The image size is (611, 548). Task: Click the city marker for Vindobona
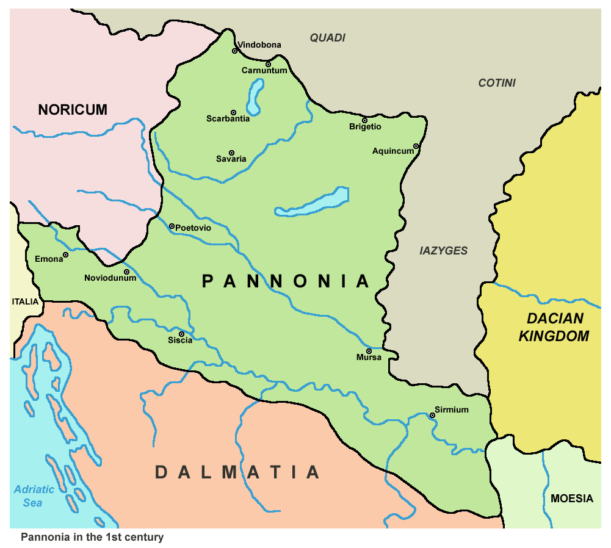pos(234,51)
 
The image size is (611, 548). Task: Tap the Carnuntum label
pos(264,71)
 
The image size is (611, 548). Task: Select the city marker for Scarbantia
pos(233,113)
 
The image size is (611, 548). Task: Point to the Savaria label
pos(231,159)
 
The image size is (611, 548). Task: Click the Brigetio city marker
pos(365,120)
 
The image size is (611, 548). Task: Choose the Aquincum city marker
pos(416,146)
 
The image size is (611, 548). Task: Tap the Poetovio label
pos(193,228)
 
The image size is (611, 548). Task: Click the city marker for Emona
pos(66,255)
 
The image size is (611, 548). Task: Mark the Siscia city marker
pos(181,334)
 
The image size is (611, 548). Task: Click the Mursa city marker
pos(369,351)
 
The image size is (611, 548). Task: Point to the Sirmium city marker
pos(432,416)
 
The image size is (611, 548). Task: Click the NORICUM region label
pos(73,110)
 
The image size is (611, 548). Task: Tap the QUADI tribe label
pos(327,38)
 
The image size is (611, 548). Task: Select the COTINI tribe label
pos(497,83)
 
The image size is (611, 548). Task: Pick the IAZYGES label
pos(444,251)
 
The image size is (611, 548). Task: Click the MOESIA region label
pos(571,499)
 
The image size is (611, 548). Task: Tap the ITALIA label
pos(25,301)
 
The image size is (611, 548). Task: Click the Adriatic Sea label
pos(34,496)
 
